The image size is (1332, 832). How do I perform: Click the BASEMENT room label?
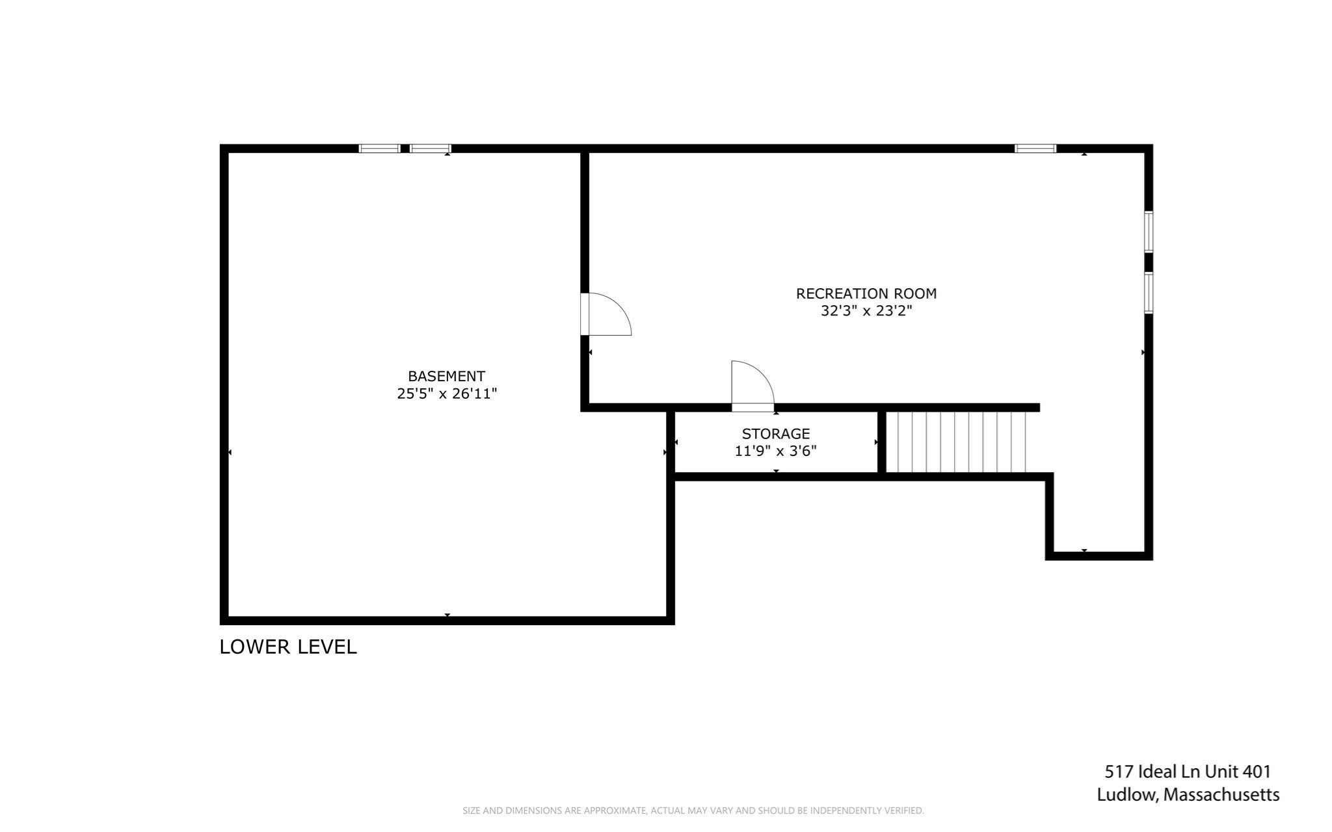coord(446,376)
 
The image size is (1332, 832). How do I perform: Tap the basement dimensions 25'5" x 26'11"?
coord(447,394)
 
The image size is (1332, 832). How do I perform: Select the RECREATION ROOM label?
coord(866,293)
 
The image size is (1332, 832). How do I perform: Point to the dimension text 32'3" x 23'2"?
coord(866,311)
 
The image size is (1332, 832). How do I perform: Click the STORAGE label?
coord(775,434)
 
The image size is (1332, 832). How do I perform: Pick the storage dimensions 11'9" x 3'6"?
coord(775,451)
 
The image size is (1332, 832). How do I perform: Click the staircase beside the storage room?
coord(956,442)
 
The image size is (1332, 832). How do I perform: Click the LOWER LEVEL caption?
coord(288,647)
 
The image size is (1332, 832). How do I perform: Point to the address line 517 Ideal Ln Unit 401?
coord(1187,772)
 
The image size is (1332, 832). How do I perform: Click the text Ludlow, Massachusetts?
coord(1188,795)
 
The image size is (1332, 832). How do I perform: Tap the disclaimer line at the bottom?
coord(693,811)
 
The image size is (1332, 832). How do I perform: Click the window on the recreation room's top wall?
coord(1035,148)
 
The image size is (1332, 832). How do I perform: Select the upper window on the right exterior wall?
coord(1149,232)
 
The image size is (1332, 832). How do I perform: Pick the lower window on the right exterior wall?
coord(1149,293)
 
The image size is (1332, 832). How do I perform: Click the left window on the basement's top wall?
coord(380,148)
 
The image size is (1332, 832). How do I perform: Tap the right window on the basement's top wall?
coord(430,148)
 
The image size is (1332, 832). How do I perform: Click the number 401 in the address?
coord(1257,772)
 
